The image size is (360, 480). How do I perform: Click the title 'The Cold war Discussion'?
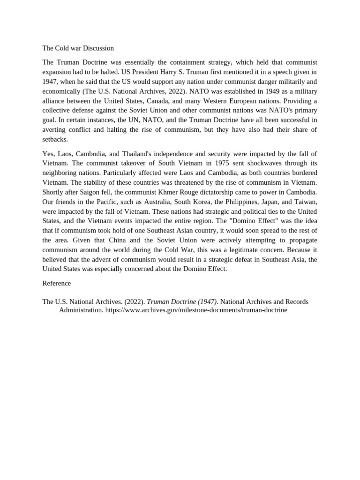[x=78, y=48]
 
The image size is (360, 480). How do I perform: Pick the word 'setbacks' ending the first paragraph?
[x=55, y=139]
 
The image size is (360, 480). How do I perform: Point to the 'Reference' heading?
[x=57, y=284]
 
